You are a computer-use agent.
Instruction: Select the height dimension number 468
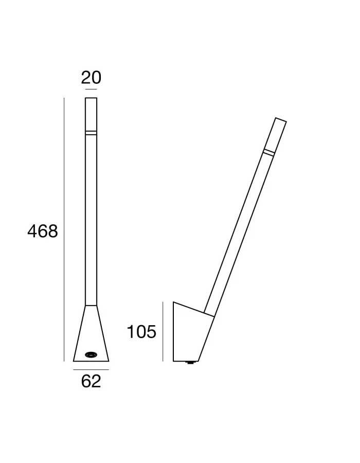[43, 231]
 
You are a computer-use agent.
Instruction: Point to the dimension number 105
[141, 332]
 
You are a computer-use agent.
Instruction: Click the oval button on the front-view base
[91, 354]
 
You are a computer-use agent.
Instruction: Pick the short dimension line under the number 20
[91, 89]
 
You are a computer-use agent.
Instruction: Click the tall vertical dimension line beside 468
[64, 229]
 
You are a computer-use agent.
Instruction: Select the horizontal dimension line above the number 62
[91, 369]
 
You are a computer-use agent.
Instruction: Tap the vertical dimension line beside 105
[163, 331]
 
